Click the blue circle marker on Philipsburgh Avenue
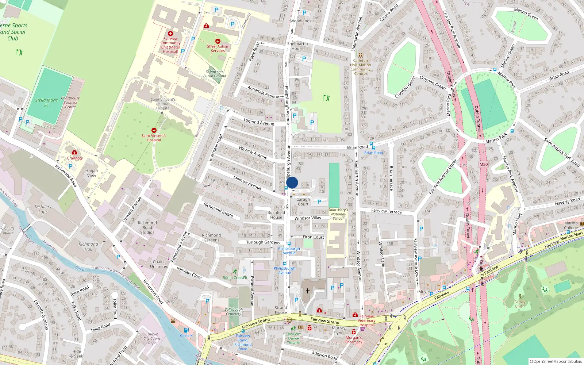click(x=292, y=182)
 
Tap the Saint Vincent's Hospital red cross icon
click(x=154, y=130)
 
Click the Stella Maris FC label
click(x=46, y=103)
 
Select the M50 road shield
click(x=484, y=164)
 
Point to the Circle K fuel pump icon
click(x=186, y=330)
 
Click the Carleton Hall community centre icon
click(x=361, y=55)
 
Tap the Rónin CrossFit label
click(x=235, y=278)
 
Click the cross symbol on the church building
click(x=308, y=291)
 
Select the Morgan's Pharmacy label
click(x=354, y=340)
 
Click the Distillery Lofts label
click(x=43, y=209)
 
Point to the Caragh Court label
click(x=303, y=202)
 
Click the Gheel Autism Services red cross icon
click(x=218, y=41)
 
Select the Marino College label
click(x=571, y=225)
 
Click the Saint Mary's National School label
click(x=338, y=214)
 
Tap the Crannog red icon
click(x=74, y=153)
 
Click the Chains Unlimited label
click(x=159, y=264)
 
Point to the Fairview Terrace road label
click(x=386, y=211)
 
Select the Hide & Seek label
click(x=77, y=354)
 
